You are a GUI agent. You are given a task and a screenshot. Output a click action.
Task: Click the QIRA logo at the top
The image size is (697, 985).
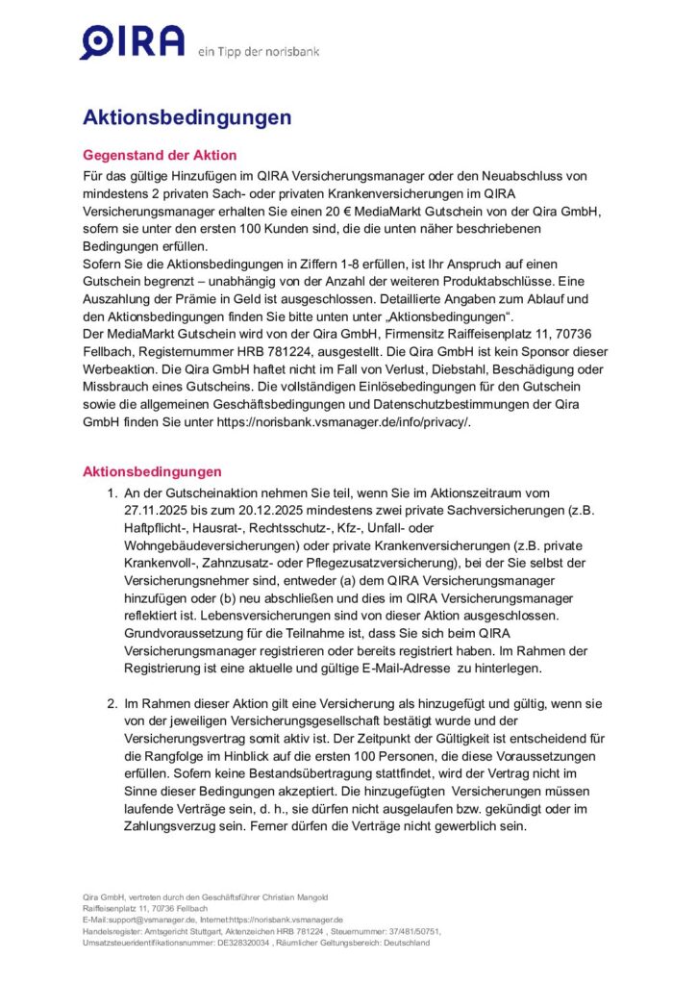133,43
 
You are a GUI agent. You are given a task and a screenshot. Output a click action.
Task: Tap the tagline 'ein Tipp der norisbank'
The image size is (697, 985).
258,51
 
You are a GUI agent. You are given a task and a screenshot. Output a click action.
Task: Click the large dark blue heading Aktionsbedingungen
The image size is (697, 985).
187,118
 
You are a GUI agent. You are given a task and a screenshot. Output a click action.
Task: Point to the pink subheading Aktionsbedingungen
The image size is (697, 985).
152,471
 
